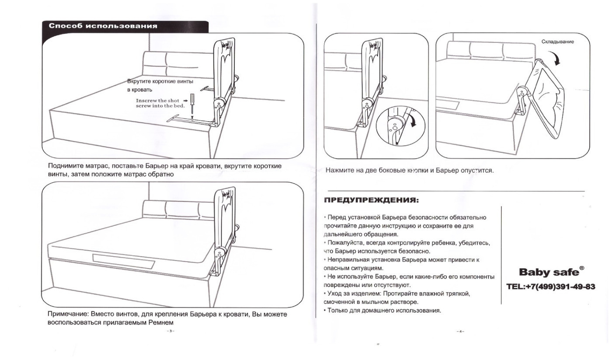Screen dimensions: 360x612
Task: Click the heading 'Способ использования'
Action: [103, 26]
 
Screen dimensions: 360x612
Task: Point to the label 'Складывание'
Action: [557, 42]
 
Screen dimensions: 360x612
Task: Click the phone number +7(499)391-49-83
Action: [551, 287]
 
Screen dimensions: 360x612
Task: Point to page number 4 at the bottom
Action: [460, 331]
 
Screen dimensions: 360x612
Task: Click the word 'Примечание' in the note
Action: [67, 315]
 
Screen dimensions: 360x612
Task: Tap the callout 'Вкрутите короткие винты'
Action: [160, 81]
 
